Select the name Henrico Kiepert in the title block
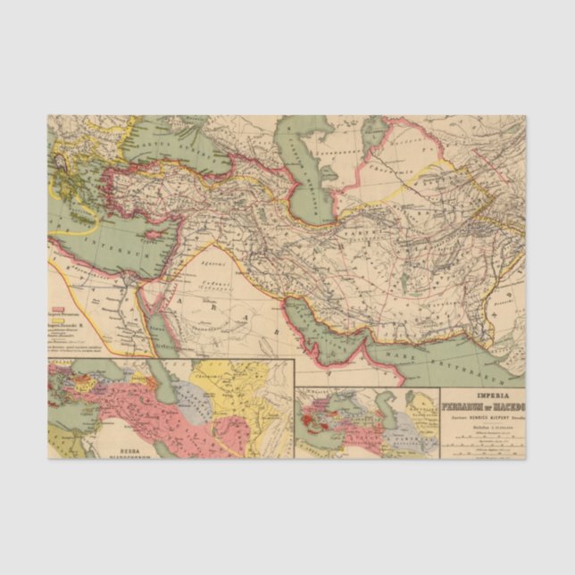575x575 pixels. click(487, 416)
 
